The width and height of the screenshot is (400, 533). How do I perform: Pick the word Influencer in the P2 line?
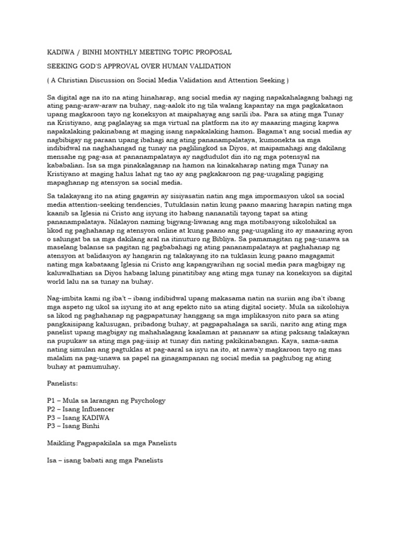coord(97,409)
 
